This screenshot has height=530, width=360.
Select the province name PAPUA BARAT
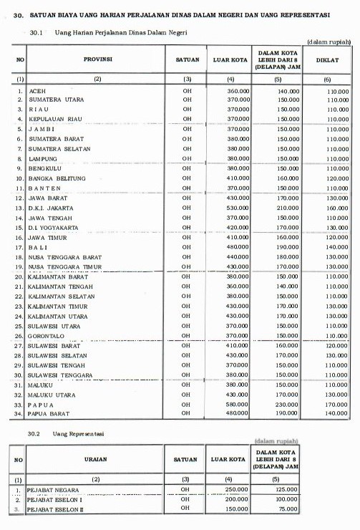pos(50,413)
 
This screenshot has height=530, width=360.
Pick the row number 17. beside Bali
pos(20,246)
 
